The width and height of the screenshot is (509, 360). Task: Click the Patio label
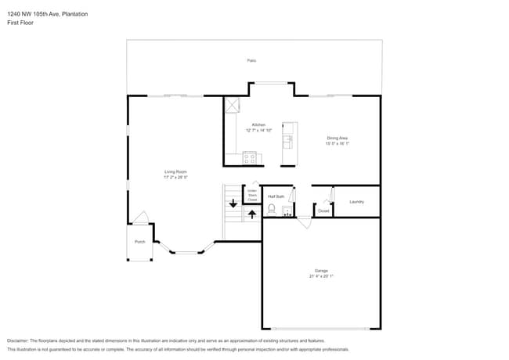click(x=251, y=60)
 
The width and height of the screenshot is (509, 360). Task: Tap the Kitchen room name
click(x=258, y=125)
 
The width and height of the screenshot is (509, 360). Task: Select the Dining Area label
click(x=337, y=138)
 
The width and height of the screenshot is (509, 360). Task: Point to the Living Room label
click(x=175, y=172)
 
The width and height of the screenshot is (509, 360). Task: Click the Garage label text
click(x=321, y=271)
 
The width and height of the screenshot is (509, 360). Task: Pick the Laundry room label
click(x=356, y=202)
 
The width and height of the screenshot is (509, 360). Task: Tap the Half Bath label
click(x=276, y=196)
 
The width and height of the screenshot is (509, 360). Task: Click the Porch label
click(x=140, y=242)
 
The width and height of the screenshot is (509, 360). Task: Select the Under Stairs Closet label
click(x=252, y=196)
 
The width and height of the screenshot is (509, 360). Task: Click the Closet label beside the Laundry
click(x=323, y=211)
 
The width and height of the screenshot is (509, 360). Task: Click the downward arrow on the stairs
click(x=233, y=203)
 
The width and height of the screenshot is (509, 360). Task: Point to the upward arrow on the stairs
click(x=251, y=214)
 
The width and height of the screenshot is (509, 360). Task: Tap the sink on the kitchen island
click(x=288, y=142)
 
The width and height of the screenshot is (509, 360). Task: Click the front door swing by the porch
click(x=141, y=218)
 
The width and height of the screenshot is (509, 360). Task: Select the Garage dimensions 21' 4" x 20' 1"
click(x=321, y=276)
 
